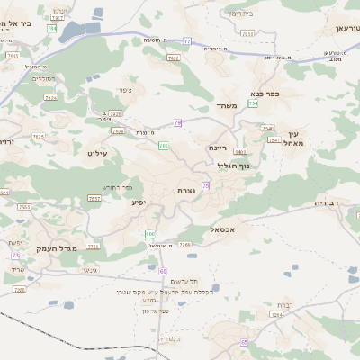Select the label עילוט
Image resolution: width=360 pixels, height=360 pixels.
[x=98, y=154]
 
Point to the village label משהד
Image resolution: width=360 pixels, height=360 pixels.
[x=227, y=106]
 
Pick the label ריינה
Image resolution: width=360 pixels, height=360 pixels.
[x=218, y=147]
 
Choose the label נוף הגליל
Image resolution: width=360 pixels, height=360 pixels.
[x=233, y=166]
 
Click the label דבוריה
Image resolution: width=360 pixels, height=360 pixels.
[x=329, y=204]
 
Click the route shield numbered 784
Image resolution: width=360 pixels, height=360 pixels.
[x=51, y=29]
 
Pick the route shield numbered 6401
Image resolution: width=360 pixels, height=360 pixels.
[x=240, y=152]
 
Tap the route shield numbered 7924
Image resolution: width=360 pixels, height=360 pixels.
[x=50, y=97]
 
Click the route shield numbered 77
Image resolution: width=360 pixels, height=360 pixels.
[x=186, y=41]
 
